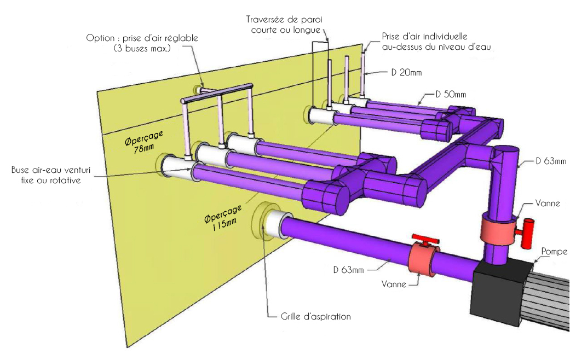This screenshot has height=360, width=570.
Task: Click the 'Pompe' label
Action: pyautogui.click(x=555, y=252)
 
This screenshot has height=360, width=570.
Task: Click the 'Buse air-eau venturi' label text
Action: pyautogui.click(x=45, y=175)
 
